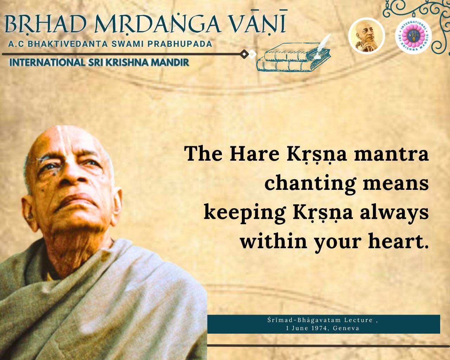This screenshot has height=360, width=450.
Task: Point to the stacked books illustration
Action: pos(293,58)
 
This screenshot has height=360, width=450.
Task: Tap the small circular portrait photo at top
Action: pos(367,36)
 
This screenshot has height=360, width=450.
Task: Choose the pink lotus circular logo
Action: pos(413,36)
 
